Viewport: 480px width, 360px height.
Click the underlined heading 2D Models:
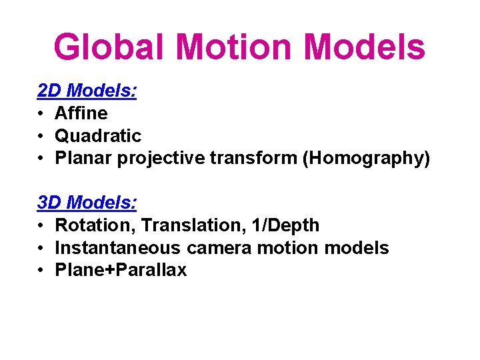click(87, 91)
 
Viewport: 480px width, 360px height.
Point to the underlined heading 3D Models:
click(87, 203)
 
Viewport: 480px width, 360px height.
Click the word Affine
click(81, 113)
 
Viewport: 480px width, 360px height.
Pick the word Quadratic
click(98, 136)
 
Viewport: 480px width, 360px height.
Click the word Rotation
click(89, 225)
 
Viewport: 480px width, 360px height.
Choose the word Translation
click(175, 225)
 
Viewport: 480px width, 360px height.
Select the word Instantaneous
click(117, 248)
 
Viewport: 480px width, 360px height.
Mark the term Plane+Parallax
click(121, 271)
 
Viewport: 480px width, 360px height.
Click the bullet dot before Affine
click(41, 114)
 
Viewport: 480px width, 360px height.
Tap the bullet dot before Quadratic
click(41, 137)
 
